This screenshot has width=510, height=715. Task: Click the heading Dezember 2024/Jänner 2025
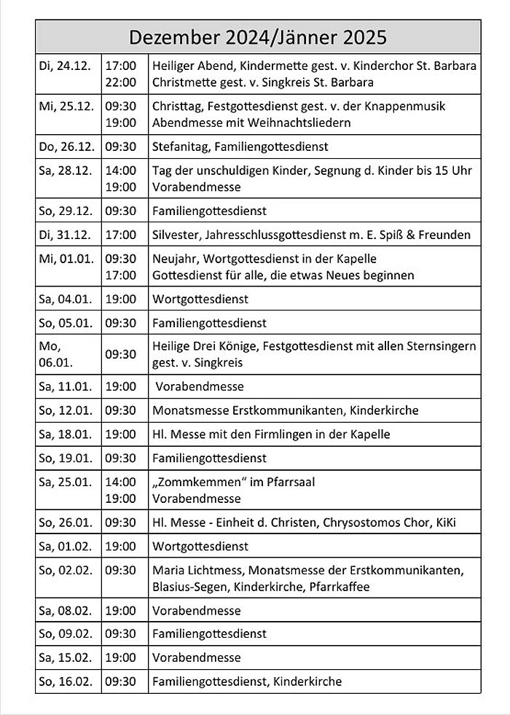pos(258,37)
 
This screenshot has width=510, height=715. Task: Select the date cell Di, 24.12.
pos(65,66)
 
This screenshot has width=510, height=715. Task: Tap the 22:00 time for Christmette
pos(120,82)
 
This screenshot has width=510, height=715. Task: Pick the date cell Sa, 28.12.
pos(66,171)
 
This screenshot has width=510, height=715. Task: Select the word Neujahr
pos(174,259)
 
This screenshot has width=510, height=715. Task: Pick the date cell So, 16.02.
pos(66,681)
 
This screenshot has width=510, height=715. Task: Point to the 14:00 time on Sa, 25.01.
pos(120,482)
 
